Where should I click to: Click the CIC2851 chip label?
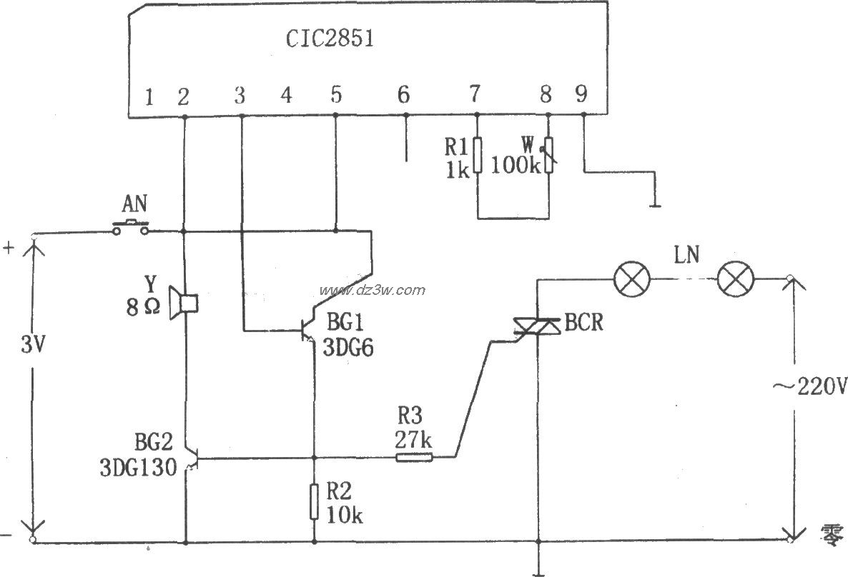click(x=330, y=39)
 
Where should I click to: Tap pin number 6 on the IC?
click(x=403, y=95)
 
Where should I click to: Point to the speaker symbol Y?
click(x=184, y=303)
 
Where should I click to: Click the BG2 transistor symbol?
click(x=189, y=458)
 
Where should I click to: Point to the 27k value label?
click(x=413, y=441)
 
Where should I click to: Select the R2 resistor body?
click(x=313, y=501)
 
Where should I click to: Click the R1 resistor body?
click(x=477, y=157)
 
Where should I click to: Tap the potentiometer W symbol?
click(x=548, y=155)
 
